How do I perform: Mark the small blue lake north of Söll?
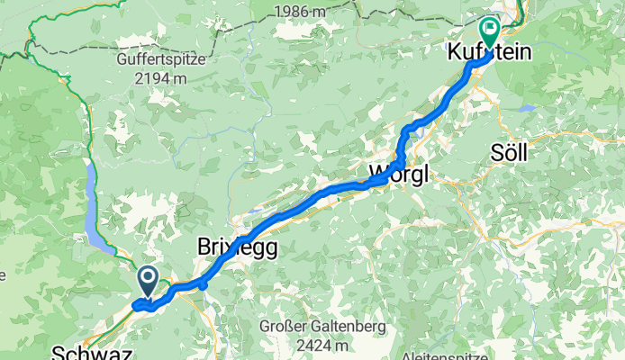526,108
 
